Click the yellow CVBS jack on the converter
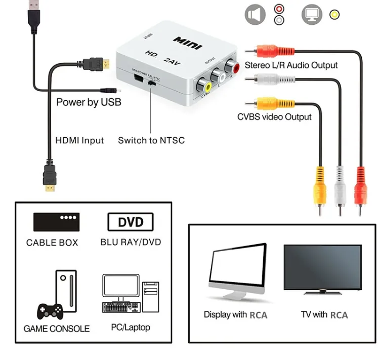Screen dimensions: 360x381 click(207, 83)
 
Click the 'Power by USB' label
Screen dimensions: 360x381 click(89, 102)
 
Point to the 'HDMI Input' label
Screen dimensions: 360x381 click(79, 140)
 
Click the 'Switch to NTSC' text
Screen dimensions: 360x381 click(151, 140)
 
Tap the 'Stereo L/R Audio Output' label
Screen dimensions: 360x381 click(291, 65)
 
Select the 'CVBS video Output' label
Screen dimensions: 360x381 click(274, 117)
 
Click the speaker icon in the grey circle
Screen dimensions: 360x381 click(255, 14)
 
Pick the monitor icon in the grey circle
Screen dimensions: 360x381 click(312, 14)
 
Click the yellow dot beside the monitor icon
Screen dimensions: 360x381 click(334, 14)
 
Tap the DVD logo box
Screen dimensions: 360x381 click(131, 222)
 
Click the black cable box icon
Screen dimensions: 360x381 click(56, 222)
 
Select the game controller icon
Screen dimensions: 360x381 click(49, 309)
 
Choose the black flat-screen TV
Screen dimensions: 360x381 click(322, 268)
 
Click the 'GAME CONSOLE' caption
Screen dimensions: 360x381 click(57, 329)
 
